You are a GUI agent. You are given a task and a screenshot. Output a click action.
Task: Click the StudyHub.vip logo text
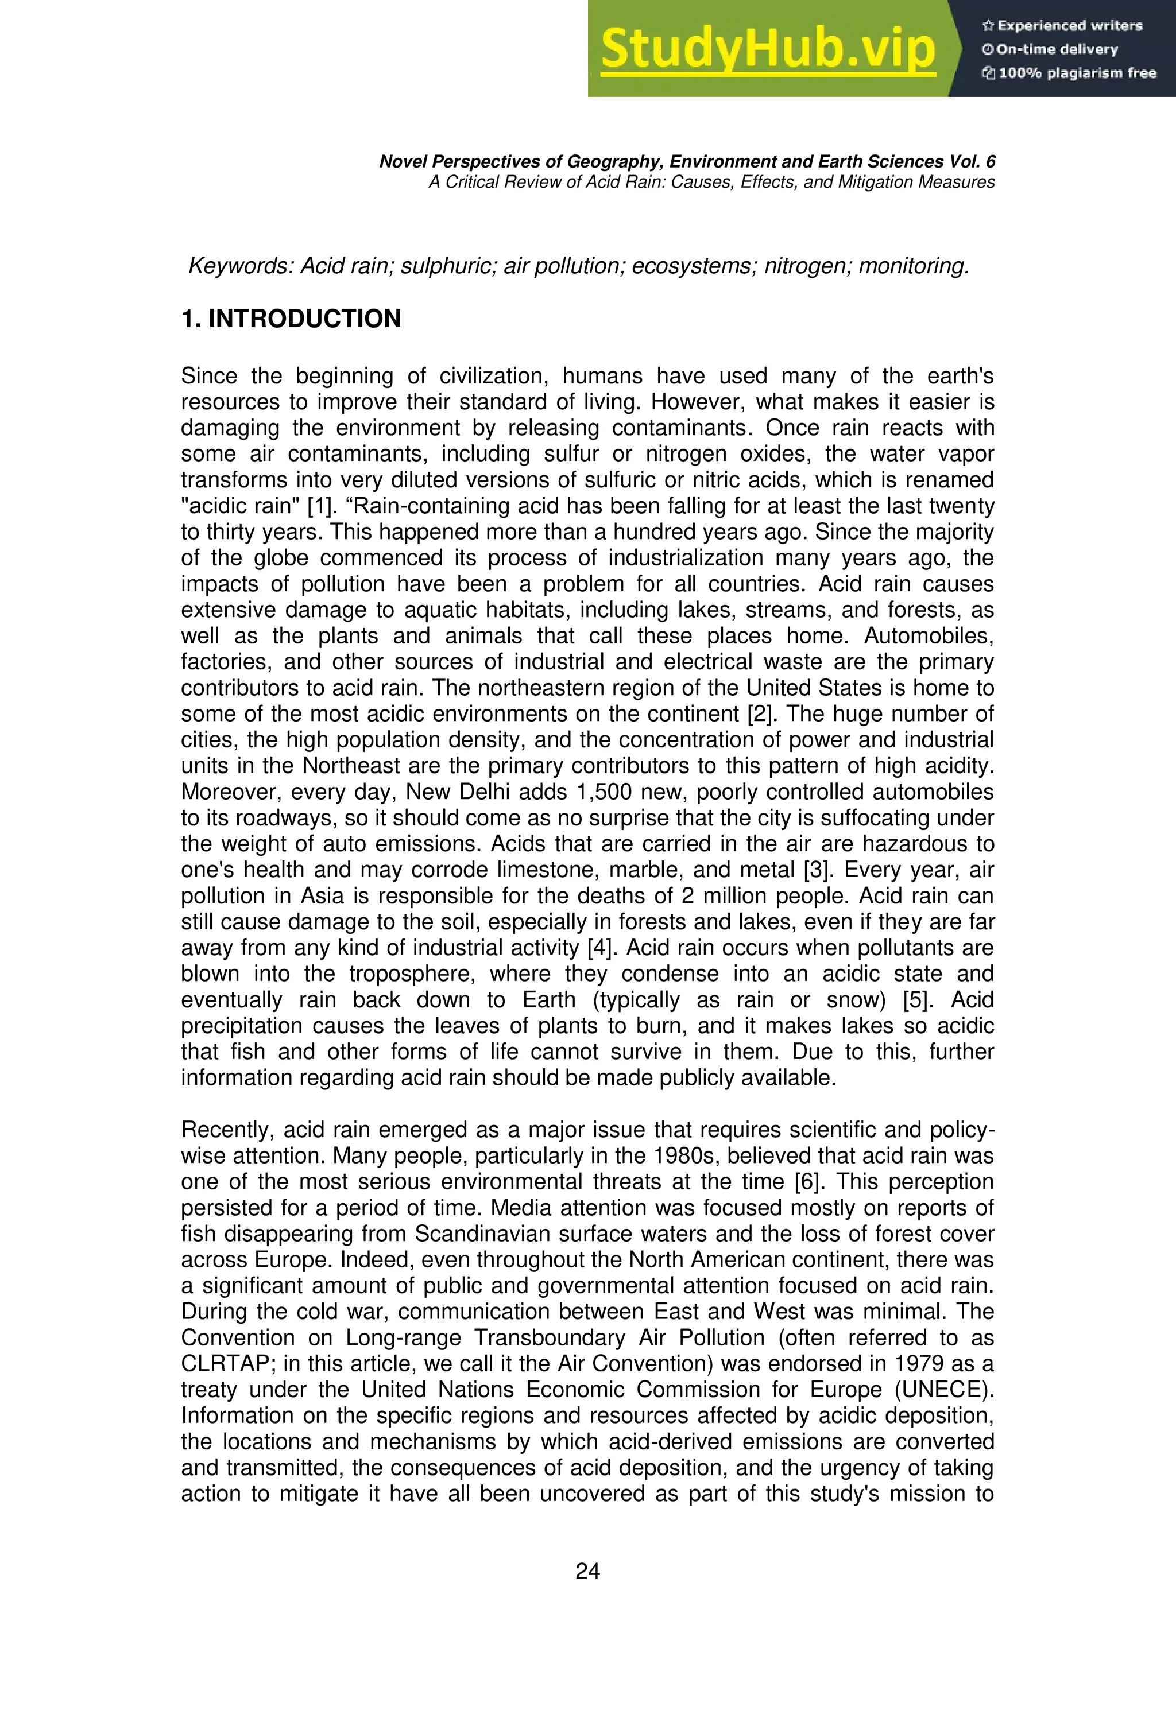click(768, 49)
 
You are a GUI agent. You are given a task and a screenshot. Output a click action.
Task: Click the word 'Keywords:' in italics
click(241, 266)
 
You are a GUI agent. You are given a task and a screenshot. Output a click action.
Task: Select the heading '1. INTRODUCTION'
click(291, 319)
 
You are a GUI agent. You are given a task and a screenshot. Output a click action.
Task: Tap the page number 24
click(587, 1572)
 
